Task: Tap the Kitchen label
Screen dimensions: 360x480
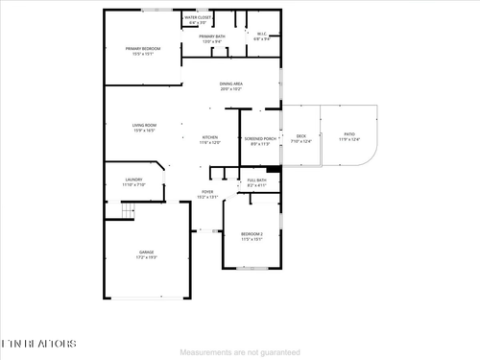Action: pos(210,140)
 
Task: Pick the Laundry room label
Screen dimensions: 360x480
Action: pos(133,180)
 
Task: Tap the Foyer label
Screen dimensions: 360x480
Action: pos(207,193)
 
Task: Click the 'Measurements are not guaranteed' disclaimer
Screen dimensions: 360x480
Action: pos(239,352)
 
